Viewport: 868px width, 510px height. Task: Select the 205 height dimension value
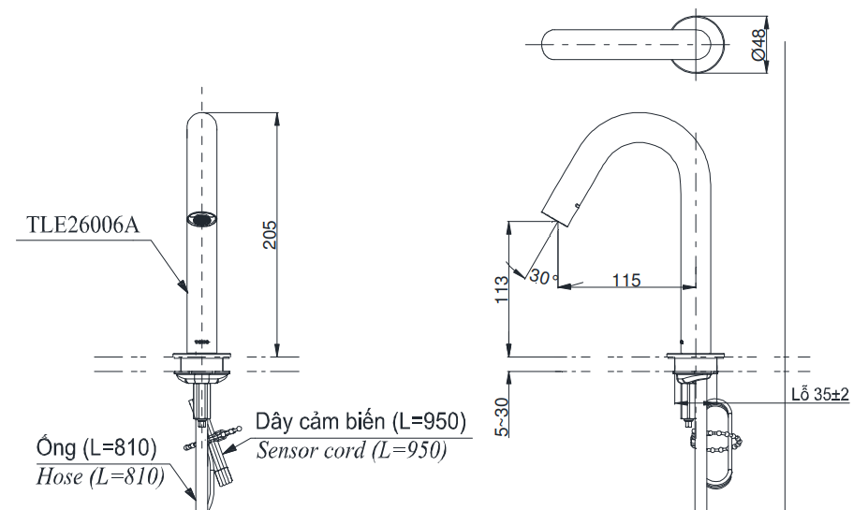pyautogui.click(x=268, y=236)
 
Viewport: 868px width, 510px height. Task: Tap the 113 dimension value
pyautogui.click(x=501, y=291)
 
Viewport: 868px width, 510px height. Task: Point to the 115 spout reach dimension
pyautogui.click(x=625, y=279)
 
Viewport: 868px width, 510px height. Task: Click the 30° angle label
pyautogui.click(x=542, y=276)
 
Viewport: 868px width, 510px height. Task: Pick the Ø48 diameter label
pyautogui.click(x=758, y=45)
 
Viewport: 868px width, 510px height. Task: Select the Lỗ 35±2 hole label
pyautogui.click(x=817, y=395)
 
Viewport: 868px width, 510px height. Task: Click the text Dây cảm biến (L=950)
pyautogui.click(x=360, y=423)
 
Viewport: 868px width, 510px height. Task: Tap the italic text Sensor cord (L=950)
pyautogui.click(x=351, y=450)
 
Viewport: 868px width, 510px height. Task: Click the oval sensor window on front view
pyautogui.click(x=202, y=221)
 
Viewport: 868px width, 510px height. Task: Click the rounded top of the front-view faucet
pyautogui.click(x=202, y=121)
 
